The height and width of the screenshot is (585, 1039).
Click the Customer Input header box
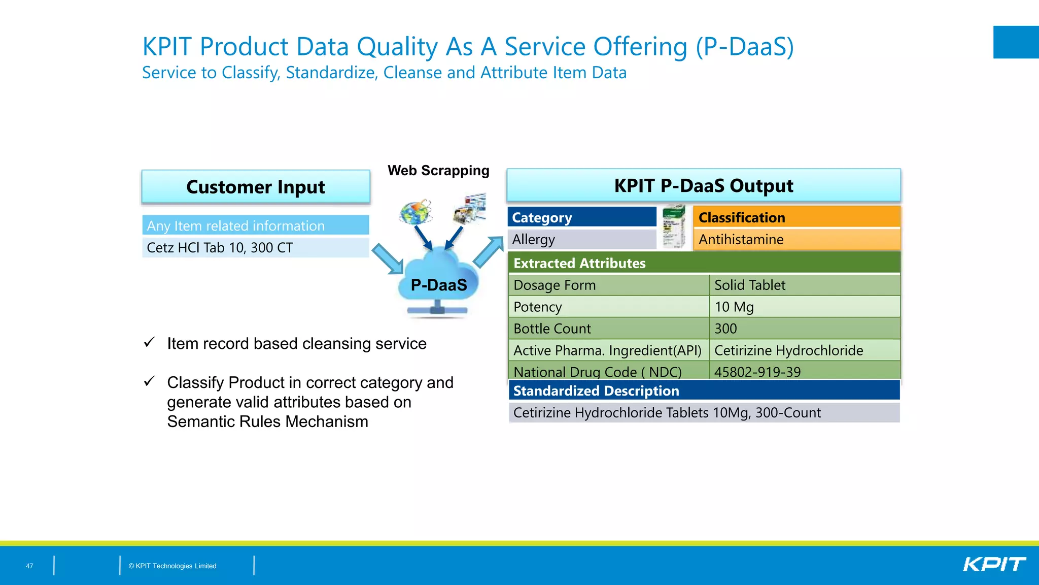coord(256,187)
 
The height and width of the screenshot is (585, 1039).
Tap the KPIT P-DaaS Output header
coord(703,185)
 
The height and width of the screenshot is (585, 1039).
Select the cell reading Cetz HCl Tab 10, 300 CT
coord(255,248)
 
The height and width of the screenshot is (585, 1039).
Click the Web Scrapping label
coord(438,171)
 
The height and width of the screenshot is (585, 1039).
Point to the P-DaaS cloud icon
coord(438,282)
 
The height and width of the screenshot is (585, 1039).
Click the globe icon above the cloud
coord(415,212)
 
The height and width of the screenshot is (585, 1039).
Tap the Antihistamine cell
coord(796,240)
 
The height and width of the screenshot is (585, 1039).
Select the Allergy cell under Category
coord(582,240)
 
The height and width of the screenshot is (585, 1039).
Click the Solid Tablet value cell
coord(804,285)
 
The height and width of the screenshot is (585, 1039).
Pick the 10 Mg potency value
coord(804,307)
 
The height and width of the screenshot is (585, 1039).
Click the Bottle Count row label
coord(608,329)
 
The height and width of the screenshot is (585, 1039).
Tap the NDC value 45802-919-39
coord(804,372)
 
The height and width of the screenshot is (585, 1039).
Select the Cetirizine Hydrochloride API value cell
coord(804,350)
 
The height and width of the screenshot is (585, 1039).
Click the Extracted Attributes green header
coord(704,263)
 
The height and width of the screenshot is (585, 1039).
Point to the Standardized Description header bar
coord(704,391)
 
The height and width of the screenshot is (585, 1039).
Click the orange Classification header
coord(796,217)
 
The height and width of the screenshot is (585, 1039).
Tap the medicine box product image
coord(674,227)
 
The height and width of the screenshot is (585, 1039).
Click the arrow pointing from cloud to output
coord(488,252)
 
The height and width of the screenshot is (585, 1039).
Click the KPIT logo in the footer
coord(994,565)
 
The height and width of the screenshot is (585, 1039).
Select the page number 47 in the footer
coord(29,566)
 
